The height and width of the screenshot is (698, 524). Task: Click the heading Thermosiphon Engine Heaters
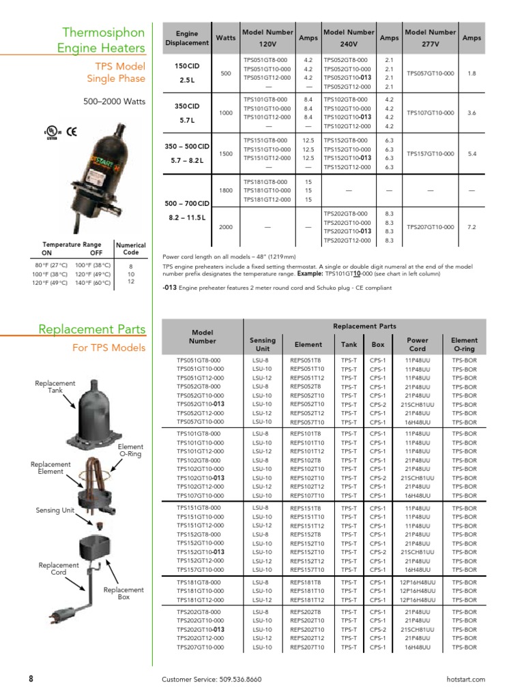104,40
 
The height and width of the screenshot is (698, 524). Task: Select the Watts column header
224,37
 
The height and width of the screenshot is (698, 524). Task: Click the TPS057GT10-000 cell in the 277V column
430,73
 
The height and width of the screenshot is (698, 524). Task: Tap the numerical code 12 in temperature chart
130,282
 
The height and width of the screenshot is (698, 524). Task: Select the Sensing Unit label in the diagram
55,510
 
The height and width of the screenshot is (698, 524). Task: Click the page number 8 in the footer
31,679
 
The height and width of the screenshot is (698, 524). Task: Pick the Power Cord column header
417,344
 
